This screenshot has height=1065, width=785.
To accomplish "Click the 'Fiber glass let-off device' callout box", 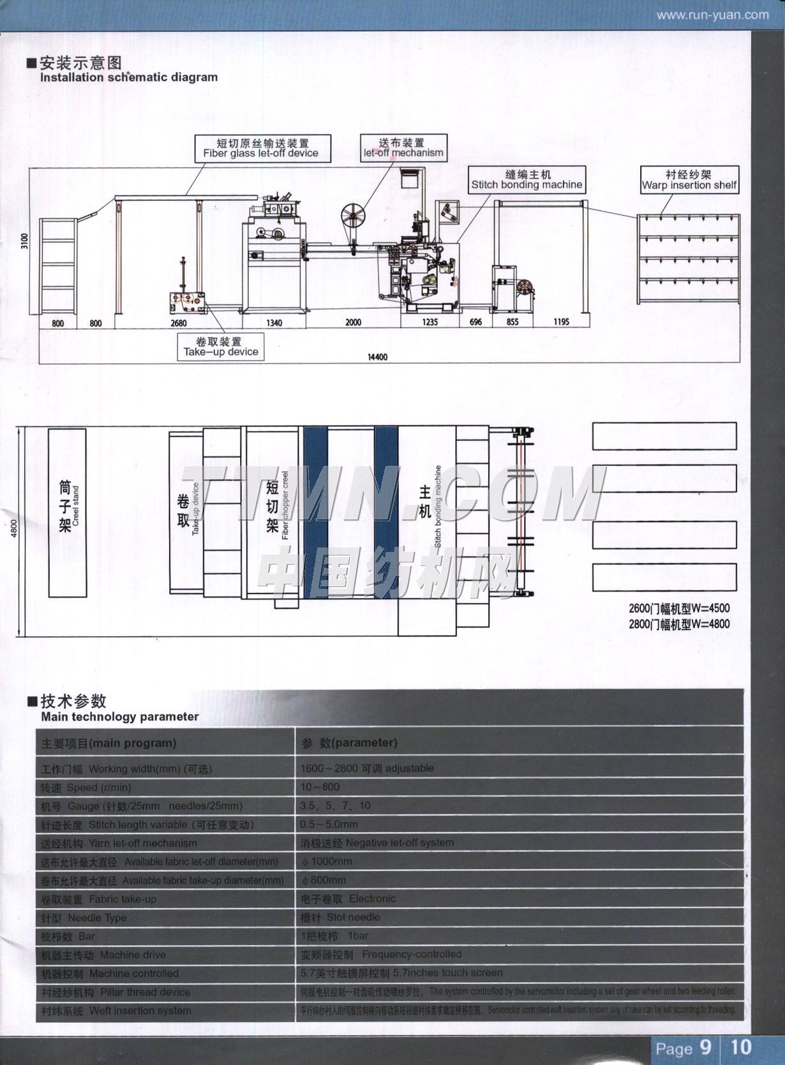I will click(x=260, y=147).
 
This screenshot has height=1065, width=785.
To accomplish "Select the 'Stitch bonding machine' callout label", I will click(x=527, y=179).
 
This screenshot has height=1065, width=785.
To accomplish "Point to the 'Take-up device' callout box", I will click(x=221, y=346).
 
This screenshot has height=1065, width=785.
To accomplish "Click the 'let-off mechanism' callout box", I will click(x=403, y=147).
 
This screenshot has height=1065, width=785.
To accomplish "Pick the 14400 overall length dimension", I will click(x=377, y=357).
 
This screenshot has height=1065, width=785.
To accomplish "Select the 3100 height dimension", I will click(x=25, y=241).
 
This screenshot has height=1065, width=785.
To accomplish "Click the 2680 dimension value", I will click(x=178, y=323).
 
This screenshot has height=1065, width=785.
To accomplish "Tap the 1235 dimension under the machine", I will click(x=430, y=322).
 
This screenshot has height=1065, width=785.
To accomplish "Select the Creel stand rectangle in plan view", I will click(x=67, y=513).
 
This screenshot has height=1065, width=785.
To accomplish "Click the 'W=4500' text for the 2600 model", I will click(x=679, y=608).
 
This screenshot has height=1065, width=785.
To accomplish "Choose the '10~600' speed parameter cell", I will click(x=320, y=787).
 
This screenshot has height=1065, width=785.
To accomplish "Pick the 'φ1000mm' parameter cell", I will click(x=326, y=861).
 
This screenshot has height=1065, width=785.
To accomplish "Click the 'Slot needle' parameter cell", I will click(x=341, y=917).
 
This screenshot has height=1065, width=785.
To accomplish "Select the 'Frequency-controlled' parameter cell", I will click(x=382, y=955).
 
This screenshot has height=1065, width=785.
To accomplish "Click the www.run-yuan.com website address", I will click(x=713, y=15).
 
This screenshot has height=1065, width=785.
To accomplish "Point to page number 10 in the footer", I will click(x=741, y=1047).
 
